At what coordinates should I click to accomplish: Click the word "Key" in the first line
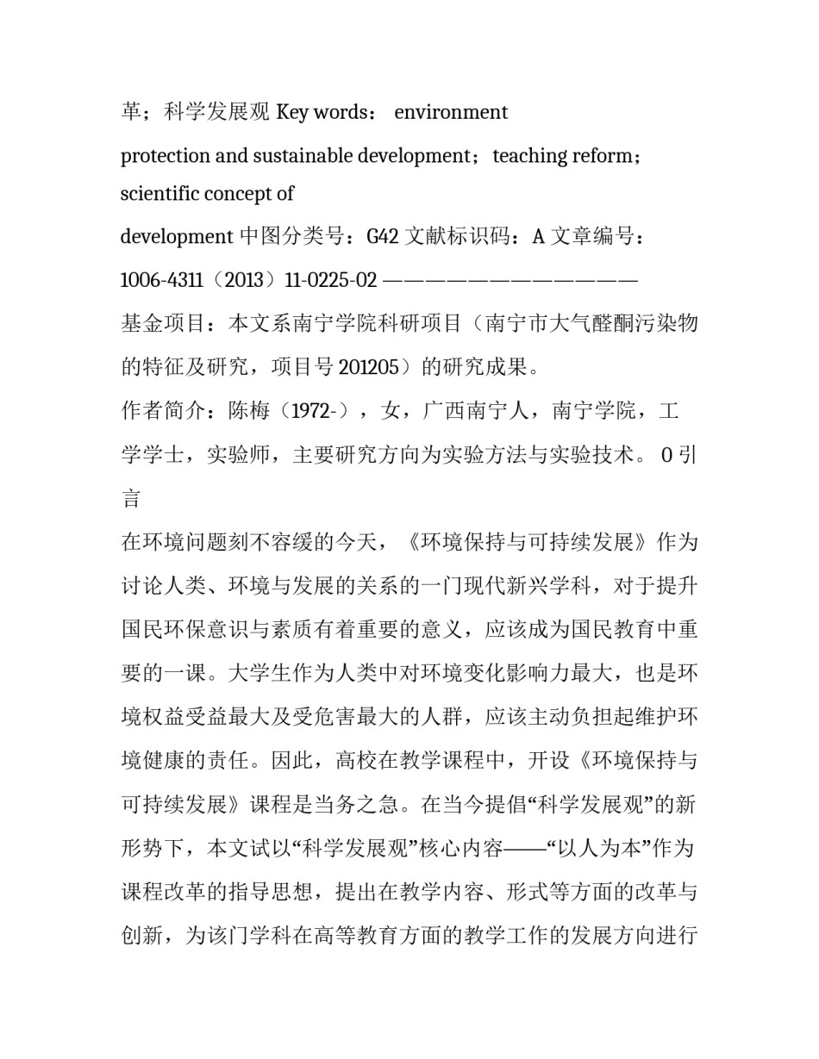coord(291,113)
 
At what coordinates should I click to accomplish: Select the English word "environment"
coord(451,113)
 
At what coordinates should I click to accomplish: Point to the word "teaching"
coord(525,156)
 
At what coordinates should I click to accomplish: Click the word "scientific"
coord(153,194)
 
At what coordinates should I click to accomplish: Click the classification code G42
coord(383,236)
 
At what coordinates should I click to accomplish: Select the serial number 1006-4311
coord(161,280)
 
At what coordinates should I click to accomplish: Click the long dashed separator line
coord(510,280)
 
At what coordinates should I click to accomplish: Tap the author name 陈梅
coord(250,412)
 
